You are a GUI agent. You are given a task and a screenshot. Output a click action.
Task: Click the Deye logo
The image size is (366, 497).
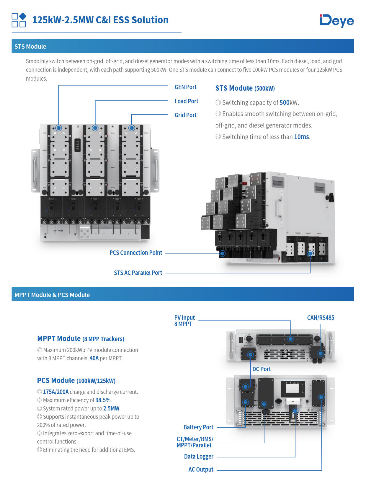tap(336, 21)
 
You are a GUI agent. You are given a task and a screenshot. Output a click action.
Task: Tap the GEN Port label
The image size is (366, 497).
tap(185, 87)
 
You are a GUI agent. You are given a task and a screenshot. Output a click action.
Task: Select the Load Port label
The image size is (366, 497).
tap(186, 101)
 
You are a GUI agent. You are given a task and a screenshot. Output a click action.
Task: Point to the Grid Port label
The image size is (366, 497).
tap(185, 115)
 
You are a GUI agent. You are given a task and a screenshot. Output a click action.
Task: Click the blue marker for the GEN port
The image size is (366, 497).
tap(58, 128)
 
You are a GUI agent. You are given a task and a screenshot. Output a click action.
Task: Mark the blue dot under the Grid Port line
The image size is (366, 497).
tap(132, 128)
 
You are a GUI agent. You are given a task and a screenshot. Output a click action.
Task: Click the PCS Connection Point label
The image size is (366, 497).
tap(136, 253)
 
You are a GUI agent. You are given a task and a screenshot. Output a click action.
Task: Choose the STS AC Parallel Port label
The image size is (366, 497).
tap(138, 273)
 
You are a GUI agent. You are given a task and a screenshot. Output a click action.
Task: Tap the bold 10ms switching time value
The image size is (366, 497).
tap(301, 137)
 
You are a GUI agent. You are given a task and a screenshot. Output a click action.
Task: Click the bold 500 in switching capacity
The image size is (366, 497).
tap(285, 102)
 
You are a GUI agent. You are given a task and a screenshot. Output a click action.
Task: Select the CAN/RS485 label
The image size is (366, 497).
tap(321, 318)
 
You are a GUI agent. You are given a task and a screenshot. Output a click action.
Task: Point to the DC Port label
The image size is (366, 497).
tap(262, 369)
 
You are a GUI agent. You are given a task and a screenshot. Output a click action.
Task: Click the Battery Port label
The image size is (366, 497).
tap(198, 427)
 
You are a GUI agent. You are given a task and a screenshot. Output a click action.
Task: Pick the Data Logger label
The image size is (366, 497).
tap(199, 457)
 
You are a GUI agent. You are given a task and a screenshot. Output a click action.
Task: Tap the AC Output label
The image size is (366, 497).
tap(201, 470)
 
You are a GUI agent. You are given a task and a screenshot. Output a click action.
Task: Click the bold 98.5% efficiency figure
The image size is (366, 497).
tap(103, 400)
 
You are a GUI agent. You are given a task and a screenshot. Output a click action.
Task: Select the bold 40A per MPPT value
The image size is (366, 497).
tap(94, 358)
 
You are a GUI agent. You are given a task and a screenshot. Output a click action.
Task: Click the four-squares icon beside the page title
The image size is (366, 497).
tap(19, 20)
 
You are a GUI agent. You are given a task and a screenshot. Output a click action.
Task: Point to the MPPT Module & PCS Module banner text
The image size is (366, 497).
tap(52, 295)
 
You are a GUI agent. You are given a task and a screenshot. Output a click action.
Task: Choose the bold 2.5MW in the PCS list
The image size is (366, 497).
tap(111, 408)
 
